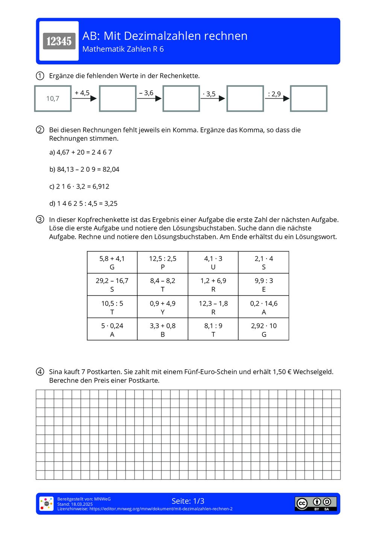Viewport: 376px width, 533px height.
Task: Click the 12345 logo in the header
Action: point(59,41)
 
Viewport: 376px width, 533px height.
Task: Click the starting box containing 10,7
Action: point(53,99)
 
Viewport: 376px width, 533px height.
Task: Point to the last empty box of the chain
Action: point(309,99)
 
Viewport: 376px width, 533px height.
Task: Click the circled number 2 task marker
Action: point(40,130)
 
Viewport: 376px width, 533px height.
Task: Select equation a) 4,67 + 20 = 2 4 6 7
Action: point(80,152)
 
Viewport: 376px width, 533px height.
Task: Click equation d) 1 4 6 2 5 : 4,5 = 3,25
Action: point(83,204)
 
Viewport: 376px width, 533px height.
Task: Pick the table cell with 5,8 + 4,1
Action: point(112,262)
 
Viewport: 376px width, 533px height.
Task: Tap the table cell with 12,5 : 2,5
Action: point(162,262)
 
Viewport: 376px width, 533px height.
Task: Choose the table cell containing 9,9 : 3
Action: point(264,285)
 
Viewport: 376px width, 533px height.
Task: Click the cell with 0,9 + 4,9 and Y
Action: point(162,307)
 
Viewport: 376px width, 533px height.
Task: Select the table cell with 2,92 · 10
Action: point(264,329)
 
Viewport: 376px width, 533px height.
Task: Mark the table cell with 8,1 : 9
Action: point(213,329)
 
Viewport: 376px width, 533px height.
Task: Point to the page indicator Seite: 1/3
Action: point(188,501)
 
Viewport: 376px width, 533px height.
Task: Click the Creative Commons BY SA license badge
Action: point(315,504)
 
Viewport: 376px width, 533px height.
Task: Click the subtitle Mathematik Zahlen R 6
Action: point(123,49)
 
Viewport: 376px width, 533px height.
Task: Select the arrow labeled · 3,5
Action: point(213,98)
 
